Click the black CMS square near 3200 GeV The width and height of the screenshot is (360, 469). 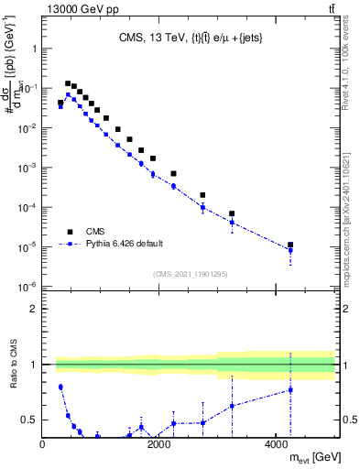point(232,213)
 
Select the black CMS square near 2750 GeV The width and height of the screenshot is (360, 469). point(202,195)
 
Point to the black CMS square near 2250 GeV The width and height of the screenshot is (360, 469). point(173,173)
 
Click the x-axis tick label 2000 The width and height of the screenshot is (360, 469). point(159,445)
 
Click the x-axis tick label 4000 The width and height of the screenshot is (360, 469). point(276,445)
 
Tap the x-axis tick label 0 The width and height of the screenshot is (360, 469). point(43,445)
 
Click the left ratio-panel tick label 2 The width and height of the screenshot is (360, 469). point(34,309)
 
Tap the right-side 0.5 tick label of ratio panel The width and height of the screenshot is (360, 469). point(346,420)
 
